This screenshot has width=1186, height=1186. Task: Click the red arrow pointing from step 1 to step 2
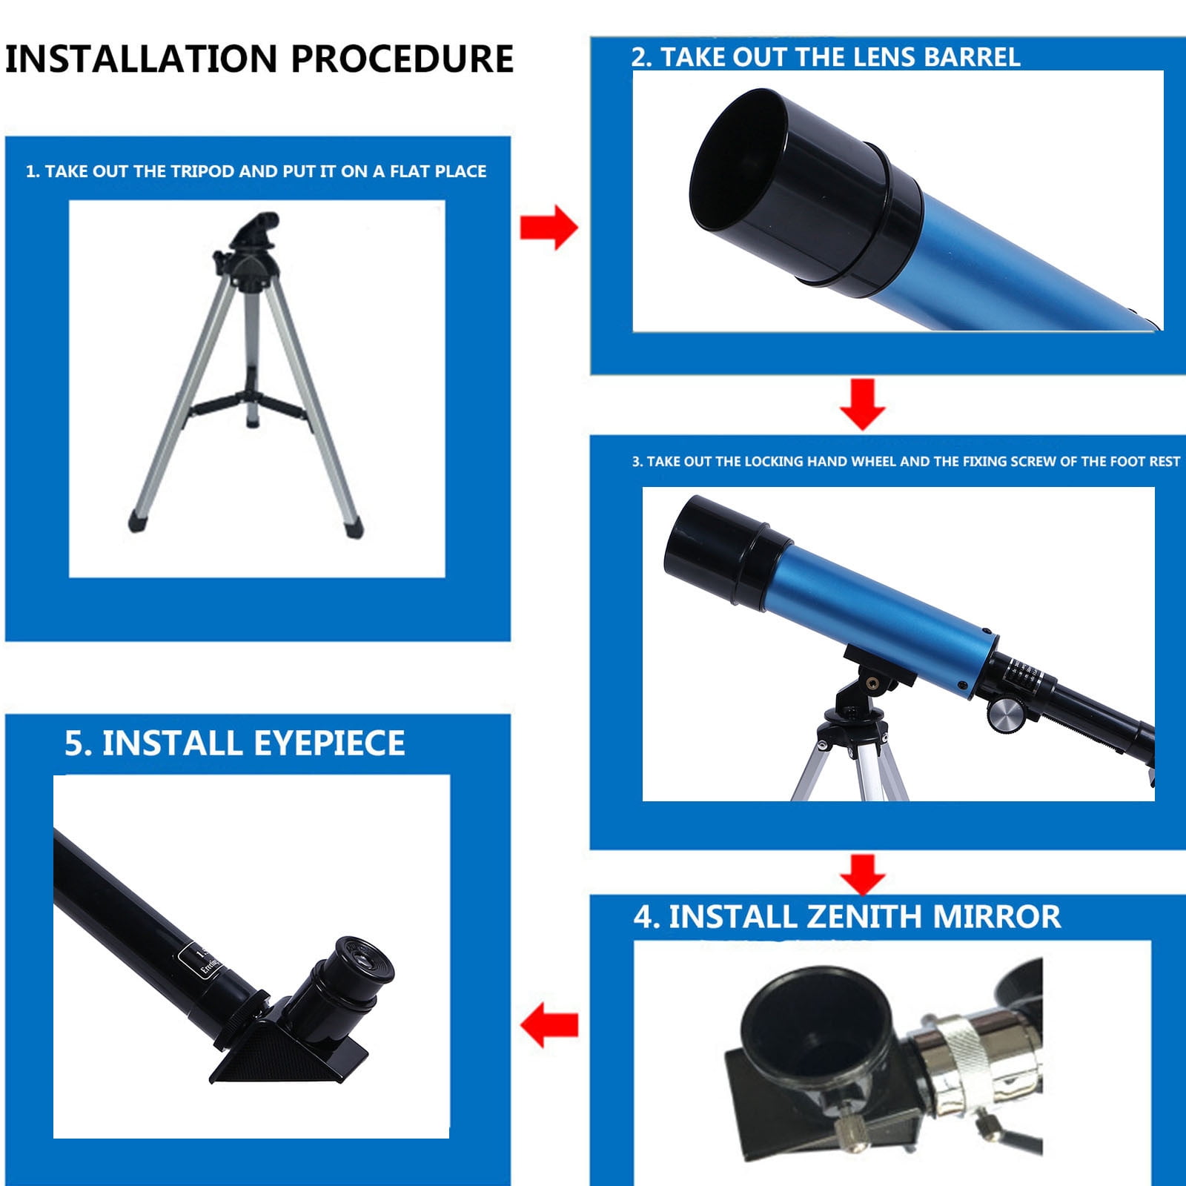tap(549, 228)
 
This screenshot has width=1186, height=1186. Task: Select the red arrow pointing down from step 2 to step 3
tap(862, 404)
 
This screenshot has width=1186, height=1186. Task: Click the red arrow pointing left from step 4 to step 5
tap(549, 1026)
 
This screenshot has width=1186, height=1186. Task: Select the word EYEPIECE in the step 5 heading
tap(329, 743)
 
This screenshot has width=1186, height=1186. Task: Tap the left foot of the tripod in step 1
tap(138, 520)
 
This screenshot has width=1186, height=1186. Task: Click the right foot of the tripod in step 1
tap(354, 526)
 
